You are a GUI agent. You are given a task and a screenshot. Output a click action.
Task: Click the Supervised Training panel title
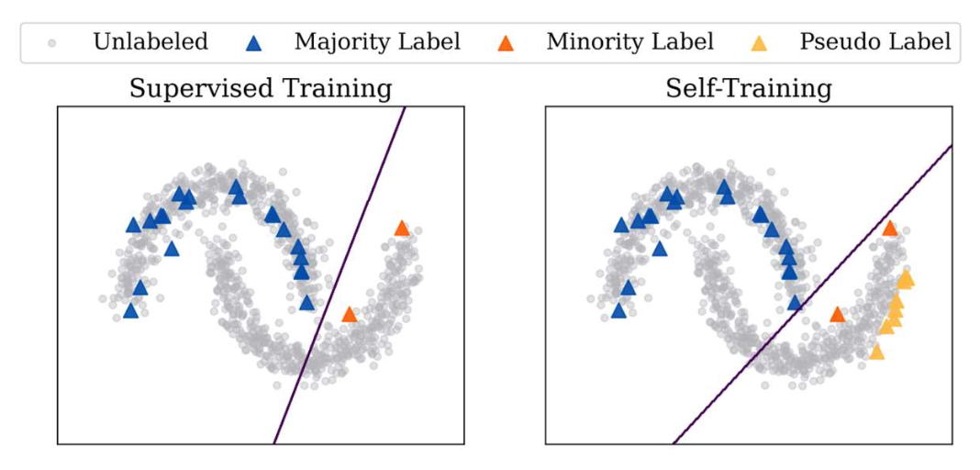261,89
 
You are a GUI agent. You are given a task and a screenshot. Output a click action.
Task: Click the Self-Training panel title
749,89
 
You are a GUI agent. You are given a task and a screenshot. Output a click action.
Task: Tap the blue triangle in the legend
257,42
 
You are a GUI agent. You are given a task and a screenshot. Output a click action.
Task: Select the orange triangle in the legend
507,42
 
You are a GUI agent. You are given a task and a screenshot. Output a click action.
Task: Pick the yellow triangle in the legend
761,42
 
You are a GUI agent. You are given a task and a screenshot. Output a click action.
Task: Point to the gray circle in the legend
53,42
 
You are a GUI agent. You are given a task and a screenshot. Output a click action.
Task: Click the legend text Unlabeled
150,42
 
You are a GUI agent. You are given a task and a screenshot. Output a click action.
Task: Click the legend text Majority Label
377,42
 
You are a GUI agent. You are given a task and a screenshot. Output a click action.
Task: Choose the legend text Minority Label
629,42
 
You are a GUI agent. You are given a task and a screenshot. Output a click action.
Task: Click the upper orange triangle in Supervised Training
401,229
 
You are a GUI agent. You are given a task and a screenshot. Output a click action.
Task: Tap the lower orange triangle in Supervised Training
349,315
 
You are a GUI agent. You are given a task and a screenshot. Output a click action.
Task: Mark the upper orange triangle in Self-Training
889,229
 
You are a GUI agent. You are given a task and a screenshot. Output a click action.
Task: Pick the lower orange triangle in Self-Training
837,315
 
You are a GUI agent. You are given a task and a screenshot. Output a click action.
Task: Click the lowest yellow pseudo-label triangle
876,352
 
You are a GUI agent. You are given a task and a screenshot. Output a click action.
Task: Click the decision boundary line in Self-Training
812,294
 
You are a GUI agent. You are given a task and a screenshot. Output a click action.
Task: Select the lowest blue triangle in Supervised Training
131,311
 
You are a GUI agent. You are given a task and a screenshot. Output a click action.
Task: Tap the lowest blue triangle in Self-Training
619,311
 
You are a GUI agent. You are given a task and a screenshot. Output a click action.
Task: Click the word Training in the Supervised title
334,89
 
